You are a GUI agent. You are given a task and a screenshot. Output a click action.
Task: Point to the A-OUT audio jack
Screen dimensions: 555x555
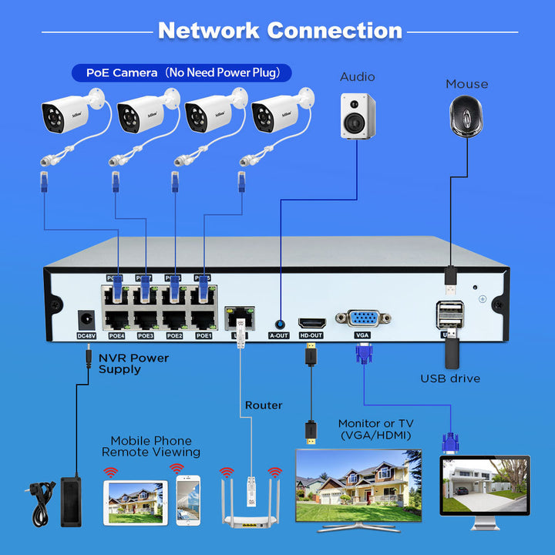click(278, 325)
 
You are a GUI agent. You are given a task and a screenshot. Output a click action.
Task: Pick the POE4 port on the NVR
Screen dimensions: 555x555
click(116, 319)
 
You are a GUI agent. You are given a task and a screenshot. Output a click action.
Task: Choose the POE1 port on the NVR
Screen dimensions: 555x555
click(203, 319)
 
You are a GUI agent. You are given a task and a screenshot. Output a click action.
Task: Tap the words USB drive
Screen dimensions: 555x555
click(450, 378)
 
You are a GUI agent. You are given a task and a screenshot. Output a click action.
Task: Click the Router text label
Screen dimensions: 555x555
click(264, 405)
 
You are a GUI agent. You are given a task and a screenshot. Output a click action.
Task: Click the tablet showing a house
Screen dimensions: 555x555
click(135, 503)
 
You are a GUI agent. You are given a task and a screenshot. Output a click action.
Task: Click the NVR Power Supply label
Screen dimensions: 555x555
click(133, 363)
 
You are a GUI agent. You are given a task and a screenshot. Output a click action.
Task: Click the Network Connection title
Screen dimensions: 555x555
click(280, 31)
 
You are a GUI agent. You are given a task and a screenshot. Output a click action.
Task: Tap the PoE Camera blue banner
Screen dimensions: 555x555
click(182, 73)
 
